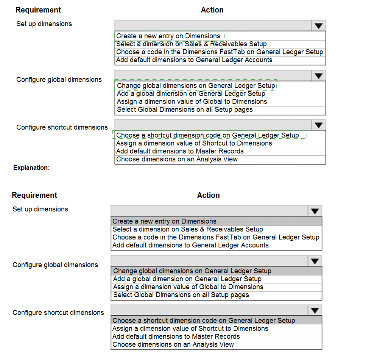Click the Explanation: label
[x=31, y=167]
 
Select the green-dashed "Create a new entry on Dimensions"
[x=168, y=36]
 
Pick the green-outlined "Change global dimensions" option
[x=196, y=86]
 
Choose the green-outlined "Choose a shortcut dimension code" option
[x=207, y=135]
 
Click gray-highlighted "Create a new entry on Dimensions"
[x=164, y=221]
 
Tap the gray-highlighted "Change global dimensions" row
[x=192, y=271]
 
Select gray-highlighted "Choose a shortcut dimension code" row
[x=204, y=321]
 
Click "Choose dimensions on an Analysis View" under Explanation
[x=173, y=344]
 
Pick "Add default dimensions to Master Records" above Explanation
[x=180, y=151]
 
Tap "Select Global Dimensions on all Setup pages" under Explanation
[x=181, y=295]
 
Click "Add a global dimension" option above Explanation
[x=191, y=94]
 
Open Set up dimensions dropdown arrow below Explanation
[x=315, y=211]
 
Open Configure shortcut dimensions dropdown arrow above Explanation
[x=319, y=125]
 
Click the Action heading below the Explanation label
[x=208, y=196]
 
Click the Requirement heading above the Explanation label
[x=38, y=10]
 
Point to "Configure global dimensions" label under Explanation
[x=55, y=265]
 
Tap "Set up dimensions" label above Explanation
[x=44, y=24]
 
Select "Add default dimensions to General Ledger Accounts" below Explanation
[x=190, y=245]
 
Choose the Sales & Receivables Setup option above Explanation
[x=191, y=44]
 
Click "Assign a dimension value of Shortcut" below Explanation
[x=190, y=329]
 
